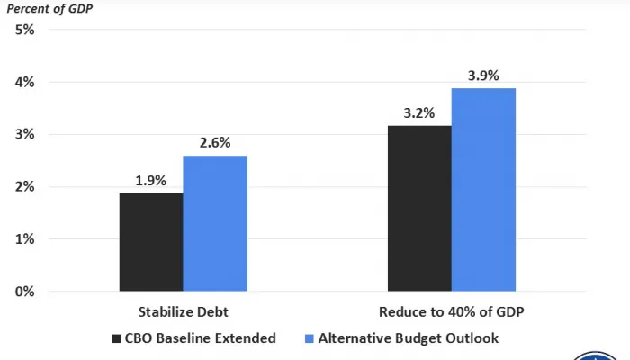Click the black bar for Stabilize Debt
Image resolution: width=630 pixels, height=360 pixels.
151,242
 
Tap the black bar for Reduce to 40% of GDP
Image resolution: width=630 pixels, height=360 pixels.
419,208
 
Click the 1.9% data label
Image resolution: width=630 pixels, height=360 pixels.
151,180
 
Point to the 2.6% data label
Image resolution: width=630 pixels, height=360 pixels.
215,142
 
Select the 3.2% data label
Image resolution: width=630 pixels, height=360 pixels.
419,113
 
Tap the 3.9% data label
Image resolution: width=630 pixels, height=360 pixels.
483,76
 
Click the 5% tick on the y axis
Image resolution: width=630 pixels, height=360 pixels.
24,30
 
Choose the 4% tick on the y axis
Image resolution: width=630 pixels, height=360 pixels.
24,82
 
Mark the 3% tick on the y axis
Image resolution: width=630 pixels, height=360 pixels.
24,134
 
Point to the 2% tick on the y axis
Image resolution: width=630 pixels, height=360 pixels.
24,186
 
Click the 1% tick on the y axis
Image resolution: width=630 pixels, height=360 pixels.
24,238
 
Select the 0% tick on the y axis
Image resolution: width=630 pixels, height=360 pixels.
24,292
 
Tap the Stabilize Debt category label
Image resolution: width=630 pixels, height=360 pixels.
183,312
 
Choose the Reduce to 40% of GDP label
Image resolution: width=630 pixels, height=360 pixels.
451,312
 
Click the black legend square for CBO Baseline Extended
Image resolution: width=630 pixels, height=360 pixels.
116,339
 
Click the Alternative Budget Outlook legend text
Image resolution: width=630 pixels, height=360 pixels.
408,338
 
